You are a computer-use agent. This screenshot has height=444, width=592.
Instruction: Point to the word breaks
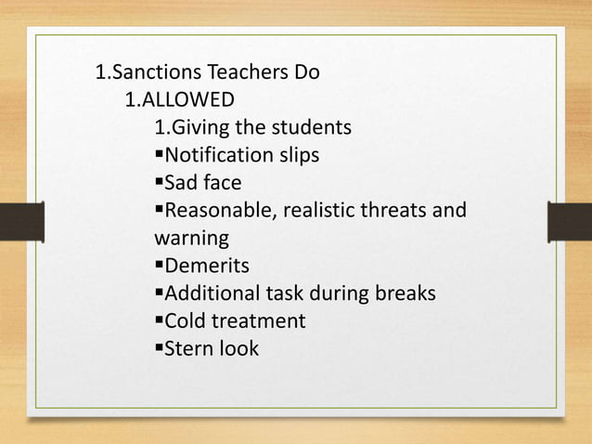[405, 295]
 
